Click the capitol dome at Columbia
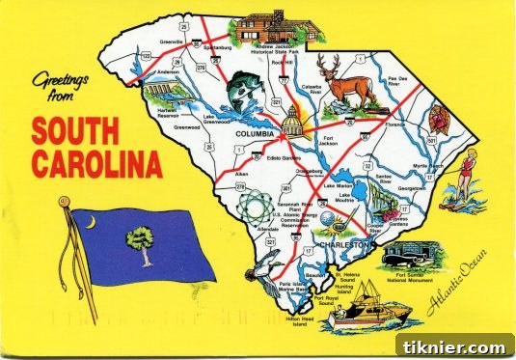[292, 120]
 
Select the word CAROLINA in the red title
[96, 165]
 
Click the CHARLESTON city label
[346, 245]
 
